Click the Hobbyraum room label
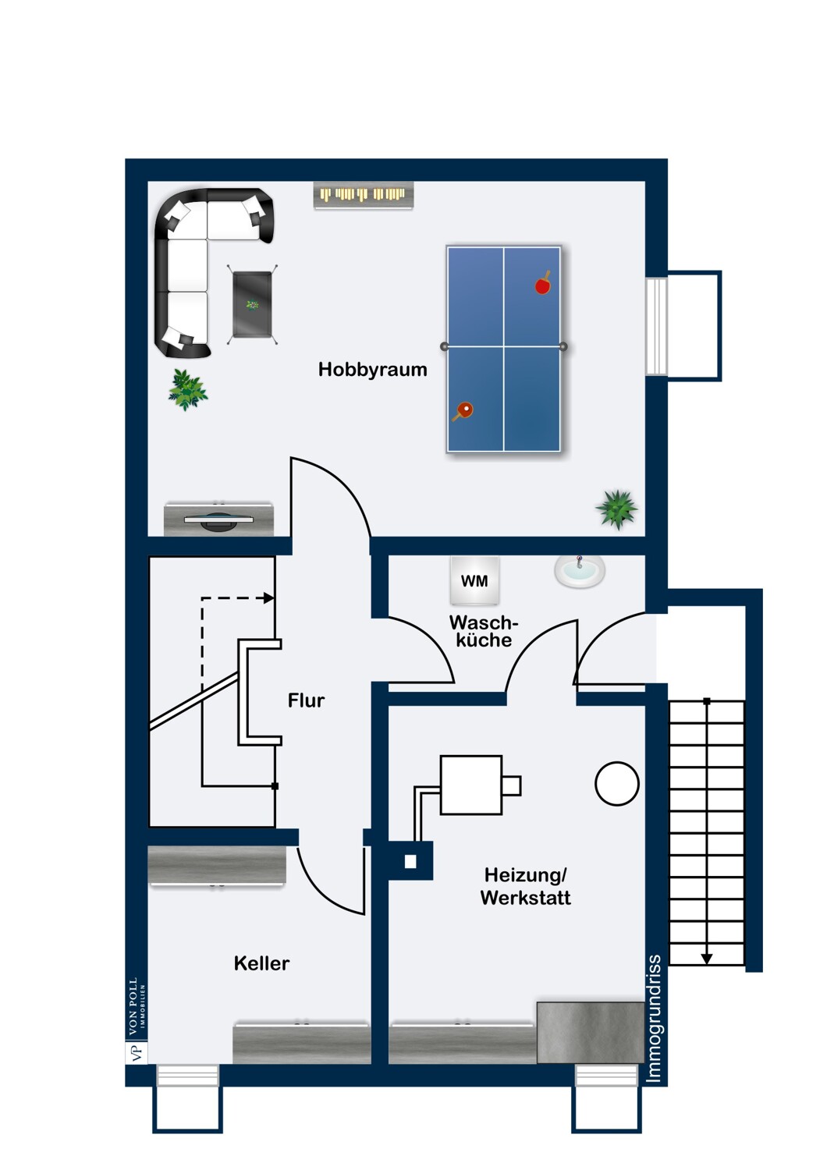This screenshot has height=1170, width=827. [x=372, y=369]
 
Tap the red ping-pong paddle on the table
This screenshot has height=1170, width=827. [x=543, y=284]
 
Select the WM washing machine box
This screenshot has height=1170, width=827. [x=474, y=580]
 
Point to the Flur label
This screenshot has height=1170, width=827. [x=306, y=700]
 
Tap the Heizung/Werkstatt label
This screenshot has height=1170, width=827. [x=526, y=886]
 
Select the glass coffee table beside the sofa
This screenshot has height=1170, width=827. [x=252, y=304]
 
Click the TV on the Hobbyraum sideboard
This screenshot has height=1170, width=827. [x=219, y=519]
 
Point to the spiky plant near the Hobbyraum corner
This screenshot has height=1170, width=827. [x=616, y=509]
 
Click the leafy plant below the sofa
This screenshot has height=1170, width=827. [x=187, y=390]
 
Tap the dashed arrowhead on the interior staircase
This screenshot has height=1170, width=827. [x=269, y=598]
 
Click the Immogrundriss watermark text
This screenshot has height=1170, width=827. [x=654, y=1019]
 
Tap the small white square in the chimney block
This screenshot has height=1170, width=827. [x=410, y=861]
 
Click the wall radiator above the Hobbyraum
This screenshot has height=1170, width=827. [x=364, y=195]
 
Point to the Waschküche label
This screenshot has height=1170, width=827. [x=484, y=631]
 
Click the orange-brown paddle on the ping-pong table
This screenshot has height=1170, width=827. [x=463, y=410]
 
